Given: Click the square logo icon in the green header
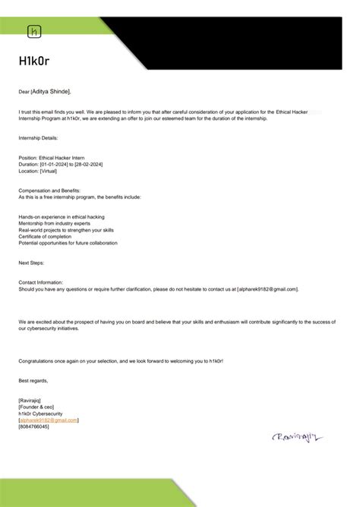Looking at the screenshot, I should [34, 31].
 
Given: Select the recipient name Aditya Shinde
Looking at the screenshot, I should [51, 92].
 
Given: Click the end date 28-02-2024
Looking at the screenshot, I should [89, 163].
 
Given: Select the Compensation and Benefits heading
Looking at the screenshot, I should [49, 190].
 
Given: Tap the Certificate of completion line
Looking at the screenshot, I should [46, 235].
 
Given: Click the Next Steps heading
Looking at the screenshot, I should [31, 263].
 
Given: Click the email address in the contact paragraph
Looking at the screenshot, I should [268, 288].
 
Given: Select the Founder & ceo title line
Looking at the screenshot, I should [36, 406].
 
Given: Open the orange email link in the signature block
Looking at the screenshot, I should [49, 420].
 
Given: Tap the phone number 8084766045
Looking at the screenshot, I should [33, 427].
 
